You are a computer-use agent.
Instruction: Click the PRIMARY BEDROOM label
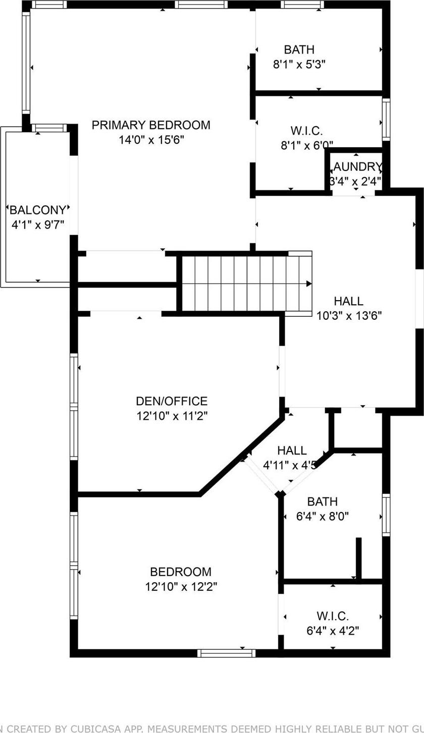pyautogui.click(x=151, y=125)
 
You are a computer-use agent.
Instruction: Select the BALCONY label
pyautogui.click(x=38, y=210)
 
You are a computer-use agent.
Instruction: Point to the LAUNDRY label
pyautogui.click(x=356, y=167)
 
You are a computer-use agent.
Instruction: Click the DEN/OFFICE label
pyautogui.click(x=172, y=401)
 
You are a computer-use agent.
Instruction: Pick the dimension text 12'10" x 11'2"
pyautogui.click(x=172, y=416)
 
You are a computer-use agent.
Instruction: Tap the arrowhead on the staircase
pyautogui.click(x=308, y=284)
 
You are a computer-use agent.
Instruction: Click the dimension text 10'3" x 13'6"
pyautogui.click(x=348, y=316)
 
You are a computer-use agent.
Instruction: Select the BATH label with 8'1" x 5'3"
pyautogui.click(x=299, y=49)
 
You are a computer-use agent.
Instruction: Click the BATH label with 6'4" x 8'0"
pyautogui.click(x=322, y=501)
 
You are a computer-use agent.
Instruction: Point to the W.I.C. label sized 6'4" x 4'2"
pyautogui.click(x=333, y=616)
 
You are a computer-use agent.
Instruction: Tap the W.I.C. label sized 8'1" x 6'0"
pyautogui.click(x=306, y=131)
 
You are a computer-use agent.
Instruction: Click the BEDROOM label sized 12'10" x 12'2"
pyautogui.click(x=181, y=572)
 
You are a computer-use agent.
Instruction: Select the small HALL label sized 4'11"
pyautogui.click(x=291, y=450)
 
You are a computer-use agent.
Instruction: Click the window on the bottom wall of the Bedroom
pyautogui.click(x=226, y=653)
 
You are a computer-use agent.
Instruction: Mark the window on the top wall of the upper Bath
pyautogui.click(x=302, y=5)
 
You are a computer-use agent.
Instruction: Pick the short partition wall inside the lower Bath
pyautogui.click(x=358, y=558)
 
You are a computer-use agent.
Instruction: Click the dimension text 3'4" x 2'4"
pyautogui.click(x=356, y=181)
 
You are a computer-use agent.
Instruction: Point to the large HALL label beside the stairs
pyautogui.click(x=348, y=301)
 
